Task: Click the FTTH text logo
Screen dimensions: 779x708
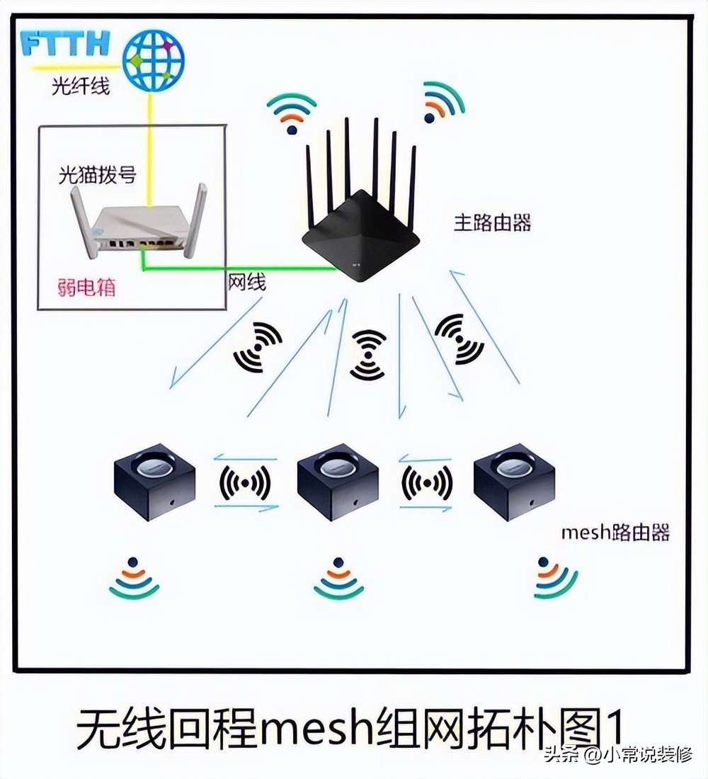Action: [x=65, y=44]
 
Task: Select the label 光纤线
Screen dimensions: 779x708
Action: [x=81, y=87]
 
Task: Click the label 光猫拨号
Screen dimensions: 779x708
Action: [x=97, y=174]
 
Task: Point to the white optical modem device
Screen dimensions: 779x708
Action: [x=139, y=227]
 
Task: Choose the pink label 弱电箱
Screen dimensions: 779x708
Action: [x=86, y=288]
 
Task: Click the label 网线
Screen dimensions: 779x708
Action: [x=246, y=283]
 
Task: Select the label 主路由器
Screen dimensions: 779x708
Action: [x=492, y=222]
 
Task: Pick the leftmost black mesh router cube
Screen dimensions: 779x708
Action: [x=154, y=482]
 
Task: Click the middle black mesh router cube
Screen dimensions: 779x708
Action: [x=338, y=482]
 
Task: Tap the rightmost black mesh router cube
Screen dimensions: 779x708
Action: [x=513, y=482]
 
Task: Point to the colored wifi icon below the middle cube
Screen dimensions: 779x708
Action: [x=338, y=579]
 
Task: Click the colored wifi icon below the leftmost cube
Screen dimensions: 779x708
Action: [x=134, y=579]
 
